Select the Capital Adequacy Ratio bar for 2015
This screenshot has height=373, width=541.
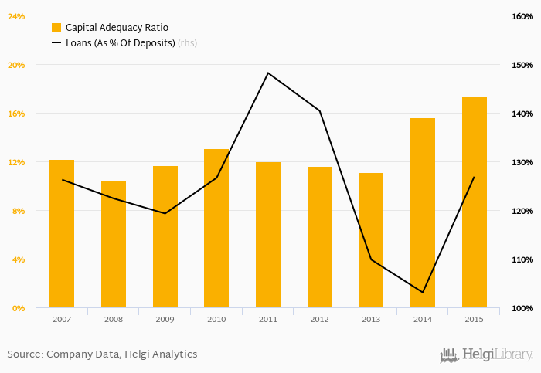[475, 202]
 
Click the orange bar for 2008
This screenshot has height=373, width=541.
[114, 245]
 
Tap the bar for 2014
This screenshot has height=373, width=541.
[423, 213]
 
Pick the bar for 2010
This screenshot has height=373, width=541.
[216, 229]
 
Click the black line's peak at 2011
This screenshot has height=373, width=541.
[268, 73]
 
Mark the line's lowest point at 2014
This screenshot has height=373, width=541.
[423, 292]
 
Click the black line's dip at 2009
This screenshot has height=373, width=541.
[165, 213]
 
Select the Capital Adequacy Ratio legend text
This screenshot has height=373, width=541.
[117, 28]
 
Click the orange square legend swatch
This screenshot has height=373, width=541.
[56, 28]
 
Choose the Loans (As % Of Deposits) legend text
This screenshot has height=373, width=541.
[120, 43]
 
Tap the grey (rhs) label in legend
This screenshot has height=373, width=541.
[187, 43]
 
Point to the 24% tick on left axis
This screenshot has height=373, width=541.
[16, 16]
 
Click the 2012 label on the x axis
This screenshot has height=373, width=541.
[319, 318]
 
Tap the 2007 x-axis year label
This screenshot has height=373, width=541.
[62, 318]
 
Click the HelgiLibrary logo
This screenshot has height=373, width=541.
[486, 354]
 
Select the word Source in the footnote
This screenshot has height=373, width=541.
[24, 354]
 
